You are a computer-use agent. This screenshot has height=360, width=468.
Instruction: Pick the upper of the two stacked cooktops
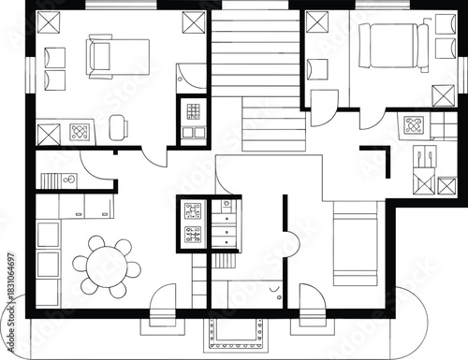[x=193, y=211]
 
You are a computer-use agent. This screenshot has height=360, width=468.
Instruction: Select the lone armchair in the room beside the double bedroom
[x=317, y=69]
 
